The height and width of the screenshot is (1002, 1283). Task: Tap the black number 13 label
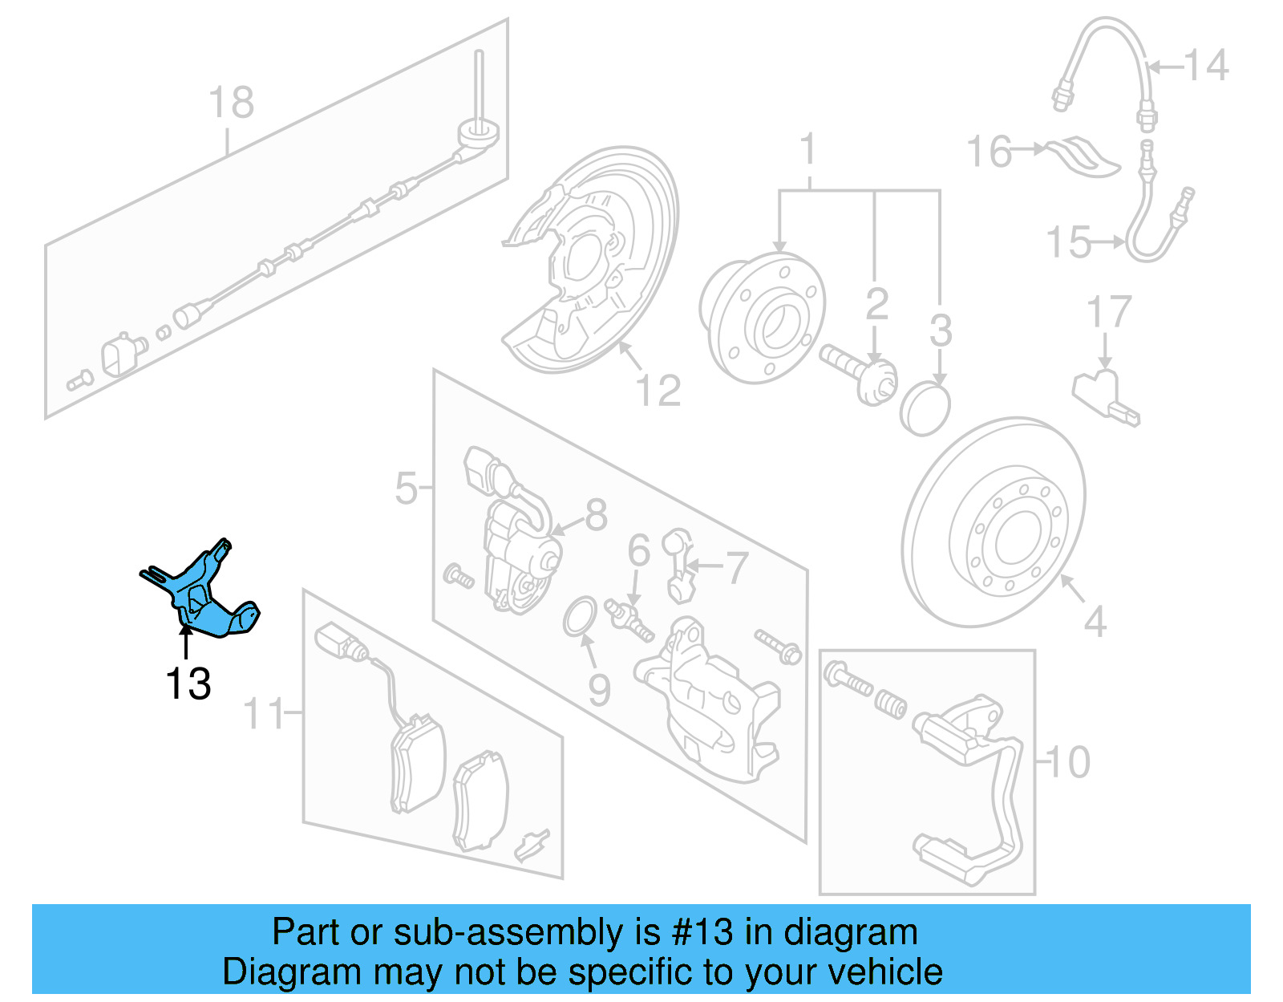pyautogui.click(x=188, y=684)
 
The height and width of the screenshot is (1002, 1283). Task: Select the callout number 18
pyautogui.click(x=231, y=103)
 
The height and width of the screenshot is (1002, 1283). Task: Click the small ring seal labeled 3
pyautogui.click(x=925, y=408)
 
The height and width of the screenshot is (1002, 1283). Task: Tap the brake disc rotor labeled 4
pyautogui.click(x=994, y=521)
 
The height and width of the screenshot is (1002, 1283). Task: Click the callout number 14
pyautogui.click(x=1205, y=66)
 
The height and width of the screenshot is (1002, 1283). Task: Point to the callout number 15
pyautogui.click(x=1069, y=241)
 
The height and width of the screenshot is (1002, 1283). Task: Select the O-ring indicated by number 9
pyautogui.click(x=580, y=616)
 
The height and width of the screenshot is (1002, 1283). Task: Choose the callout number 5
pyautogui.click(x=407, y=488)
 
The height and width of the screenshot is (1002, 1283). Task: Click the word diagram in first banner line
pyautogui.click(x=850, y=932)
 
